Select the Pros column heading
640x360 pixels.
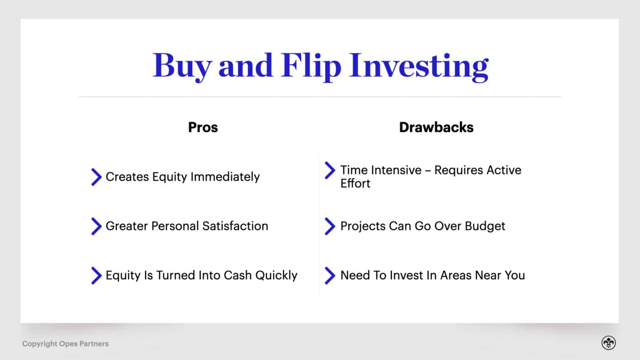[203, 127]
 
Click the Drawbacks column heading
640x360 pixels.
[436, 127]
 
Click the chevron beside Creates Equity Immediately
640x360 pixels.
[96, 177]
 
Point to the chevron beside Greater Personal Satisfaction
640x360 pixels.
[96, 226]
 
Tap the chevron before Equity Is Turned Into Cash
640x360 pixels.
[96, 275]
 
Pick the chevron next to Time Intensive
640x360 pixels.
[330, 170]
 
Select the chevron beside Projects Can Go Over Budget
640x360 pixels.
[330, 226]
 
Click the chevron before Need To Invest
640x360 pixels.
[330, 275]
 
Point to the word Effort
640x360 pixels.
[355, 184]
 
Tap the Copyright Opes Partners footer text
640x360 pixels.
[65, 344]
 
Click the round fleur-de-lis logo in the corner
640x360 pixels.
[608, 343]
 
